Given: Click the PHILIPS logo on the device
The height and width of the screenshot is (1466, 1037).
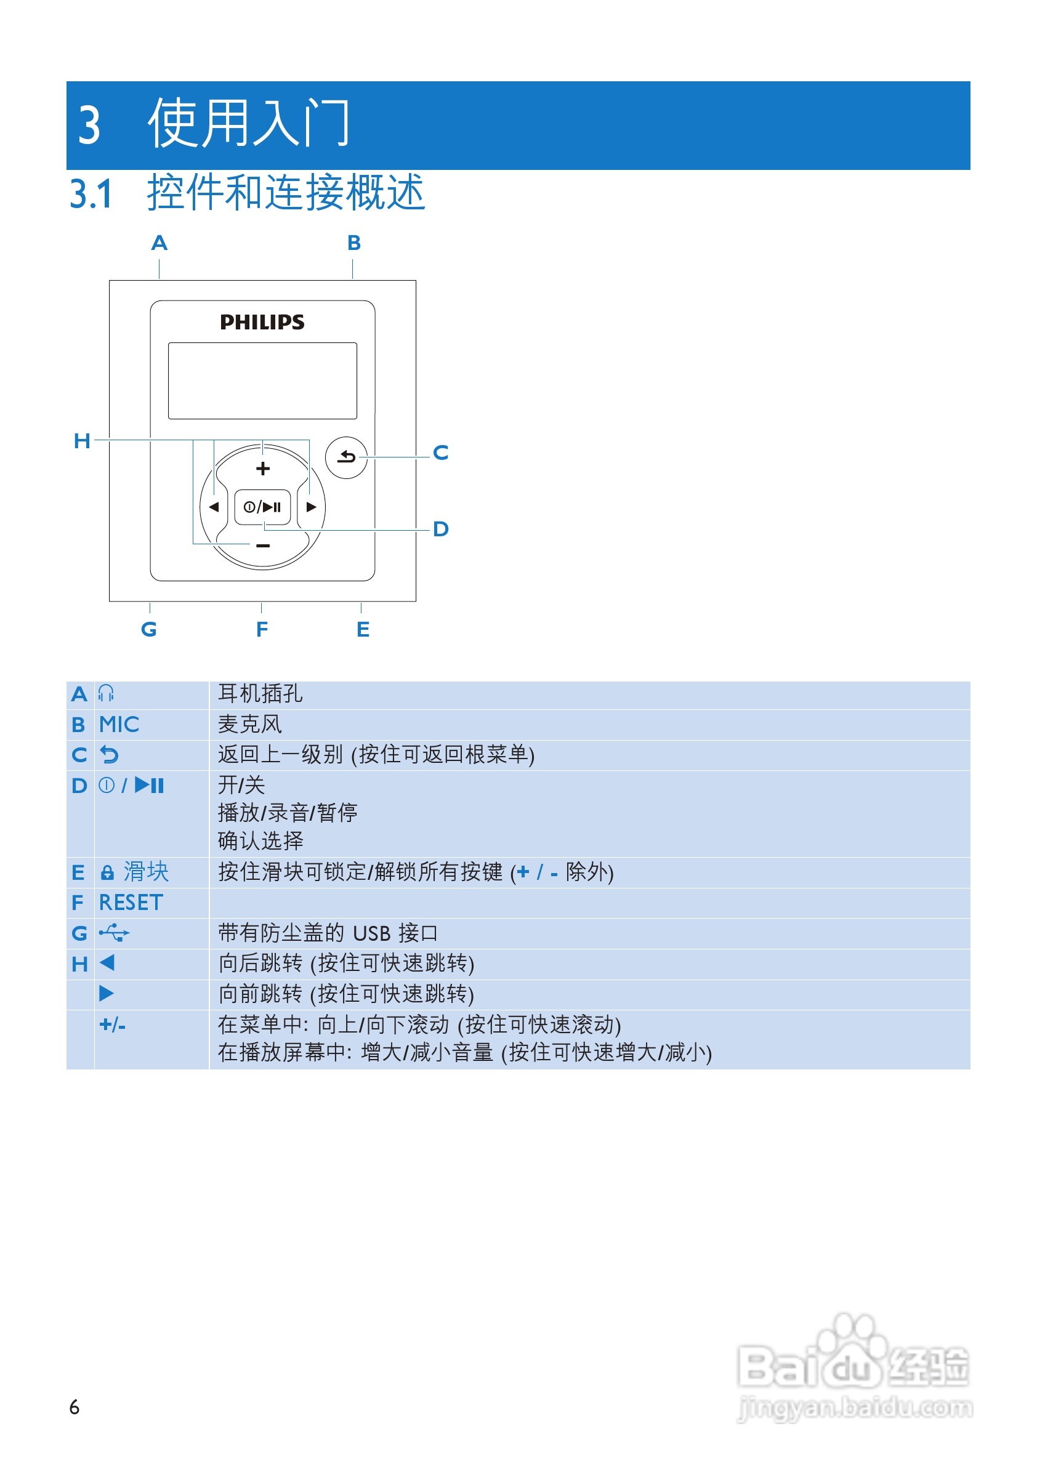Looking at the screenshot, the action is (262, 322).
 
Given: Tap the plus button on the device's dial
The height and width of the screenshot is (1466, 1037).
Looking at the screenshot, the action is (262, 469).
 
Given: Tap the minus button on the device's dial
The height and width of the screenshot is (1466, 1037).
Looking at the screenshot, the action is (262, 546).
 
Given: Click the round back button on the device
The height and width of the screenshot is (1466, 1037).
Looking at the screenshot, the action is (346, 457).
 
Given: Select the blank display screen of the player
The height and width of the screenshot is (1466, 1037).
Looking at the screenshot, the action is (262, 381).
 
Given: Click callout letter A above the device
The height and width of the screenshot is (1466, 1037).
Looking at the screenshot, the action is (159, 243).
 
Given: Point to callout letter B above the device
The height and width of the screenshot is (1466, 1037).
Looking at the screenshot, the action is (353, 243).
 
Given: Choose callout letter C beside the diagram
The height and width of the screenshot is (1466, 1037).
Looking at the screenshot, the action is (440, 453).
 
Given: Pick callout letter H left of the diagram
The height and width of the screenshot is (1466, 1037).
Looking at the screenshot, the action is (82, 441).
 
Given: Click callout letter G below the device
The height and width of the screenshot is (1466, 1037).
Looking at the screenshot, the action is (149, 630).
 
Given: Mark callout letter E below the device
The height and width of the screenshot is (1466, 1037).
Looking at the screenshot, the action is (363, 630).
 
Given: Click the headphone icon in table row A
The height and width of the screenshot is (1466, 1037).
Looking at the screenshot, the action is (106, 693).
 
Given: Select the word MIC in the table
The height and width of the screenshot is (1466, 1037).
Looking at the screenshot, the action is (119, 724).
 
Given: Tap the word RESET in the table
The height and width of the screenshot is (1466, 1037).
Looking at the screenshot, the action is (131, 902).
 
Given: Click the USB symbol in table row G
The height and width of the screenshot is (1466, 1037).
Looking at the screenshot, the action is (115, 933).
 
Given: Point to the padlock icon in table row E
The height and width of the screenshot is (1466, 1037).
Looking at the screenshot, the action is (107, 872).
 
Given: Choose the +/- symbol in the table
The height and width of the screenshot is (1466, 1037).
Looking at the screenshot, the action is (113, 1025).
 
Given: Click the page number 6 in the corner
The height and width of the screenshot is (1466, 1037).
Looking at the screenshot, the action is (74, 1408).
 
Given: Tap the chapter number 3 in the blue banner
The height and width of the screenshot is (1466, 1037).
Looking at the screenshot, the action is (89, 124).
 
